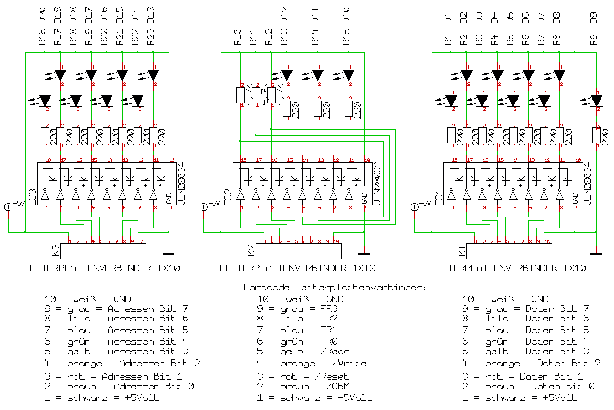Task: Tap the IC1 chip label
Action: pyautogui.click(x=439, y=198)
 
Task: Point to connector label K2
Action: pyautogui.click(x=251, y=251)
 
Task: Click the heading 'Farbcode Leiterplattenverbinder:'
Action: pyautogui.click(x=334, y=287)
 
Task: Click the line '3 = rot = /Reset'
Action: pyautogui.click(x=303, y=376)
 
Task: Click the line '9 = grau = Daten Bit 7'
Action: pyautogui.click(x=525, y=309)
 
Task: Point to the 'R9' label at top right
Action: pyautogui.click(x=594, y=40)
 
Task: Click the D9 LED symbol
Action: pyautogui.click(x=596, y=100)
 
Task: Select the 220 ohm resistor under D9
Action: pyautogui.click(x=596, y=136)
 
